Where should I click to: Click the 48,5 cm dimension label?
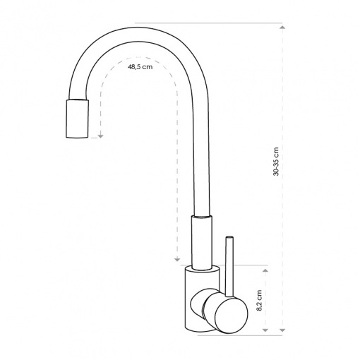[x=140, y=67]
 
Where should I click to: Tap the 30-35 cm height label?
[x=276, y=162]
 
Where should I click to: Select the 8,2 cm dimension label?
[x=259, y=300]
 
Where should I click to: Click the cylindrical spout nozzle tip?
[x=77, y=119]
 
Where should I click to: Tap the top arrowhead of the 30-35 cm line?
[x=282, y=27]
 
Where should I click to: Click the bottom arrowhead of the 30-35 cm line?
[x=282, y=330]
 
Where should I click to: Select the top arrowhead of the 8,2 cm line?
[x=265, y=270]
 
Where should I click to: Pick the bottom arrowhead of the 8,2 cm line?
[x=265, y=330]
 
